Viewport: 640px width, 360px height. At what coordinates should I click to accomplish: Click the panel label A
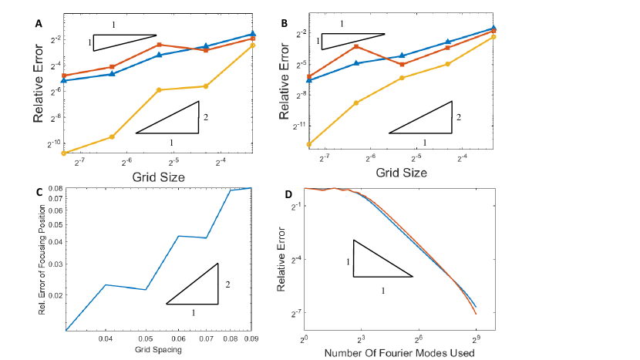(x=38, y=24)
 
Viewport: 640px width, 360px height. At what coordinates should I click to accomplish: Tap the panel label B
(x=285, y=24)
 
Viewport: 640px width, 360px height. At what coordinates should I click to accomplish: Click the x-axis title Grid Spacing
(x=159, y=350)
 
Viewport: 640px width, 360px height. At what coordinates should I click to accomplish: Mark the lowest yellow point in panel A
(x=64, y=153)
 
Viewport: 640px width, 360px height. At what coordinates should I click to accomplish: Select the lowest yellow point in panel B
(x=309, y=144)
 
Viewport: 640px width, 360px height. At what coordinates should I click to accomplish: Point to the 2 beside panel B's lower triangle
(x=459, y=118)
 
